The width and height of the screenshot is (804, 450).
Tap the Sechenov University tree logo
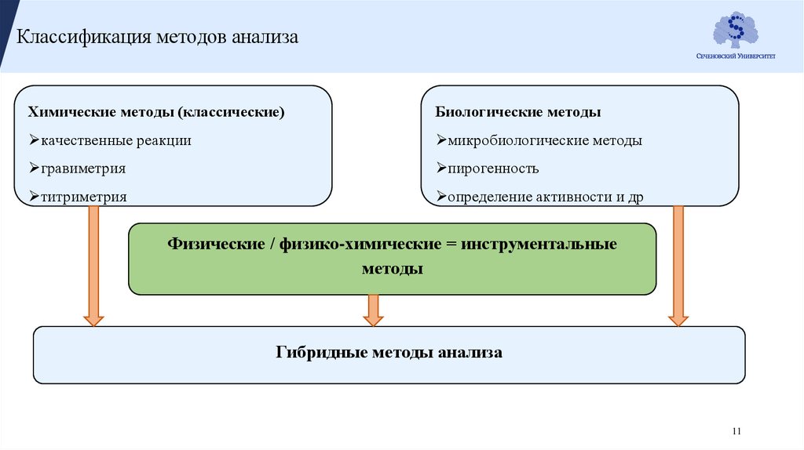[x=735, y=31]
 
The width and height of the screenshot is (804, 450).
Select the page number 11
[x=736, y=431]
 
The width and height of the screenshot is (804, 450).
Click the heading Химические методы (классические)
[x=156, y=112]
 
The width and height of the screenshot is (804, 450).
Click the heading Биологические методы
[x=518, y=112]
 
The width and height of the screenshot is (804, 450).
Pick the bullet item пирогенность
[x=493, y=169]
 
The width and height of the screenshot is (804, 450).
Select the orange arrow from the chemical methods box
[x=93, y=267]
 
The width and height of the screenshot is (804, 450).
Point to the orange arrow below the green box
[x=373, y=310]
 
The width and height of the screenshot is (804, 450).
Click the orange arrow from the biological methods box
[x=678, y=267]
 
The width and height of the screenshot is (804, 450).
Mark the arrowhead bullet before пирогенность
[x=442, y=169]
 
